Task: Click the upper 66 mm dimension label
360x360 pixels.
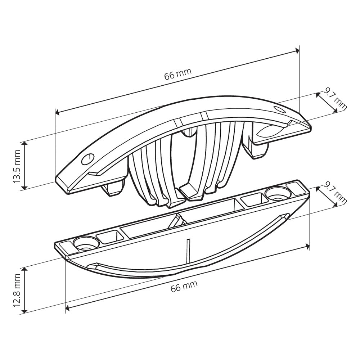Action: coord(177,74)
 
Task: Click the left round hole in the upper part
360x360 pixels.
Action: coord(87,159)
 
